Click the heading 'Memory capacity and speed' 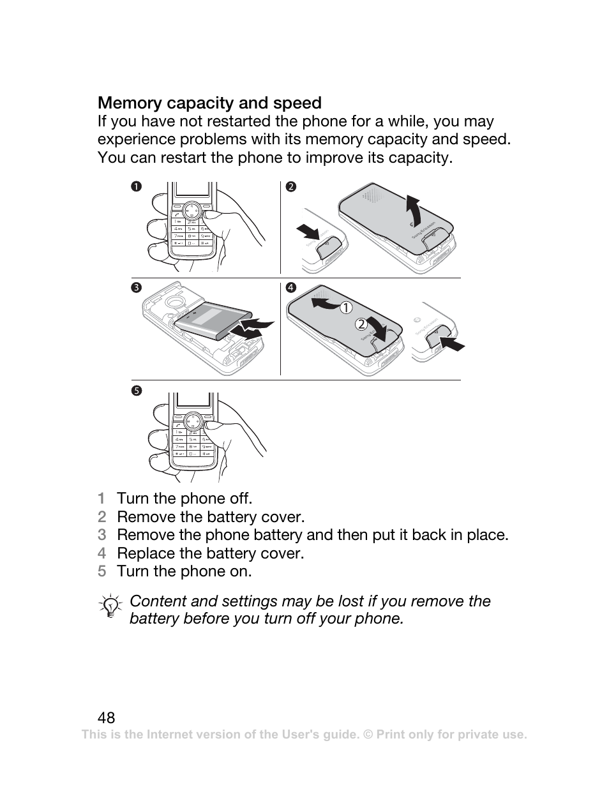[x=209, y=103]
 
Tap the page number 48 [x=107, y=717]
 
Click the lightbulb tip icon [x=111, y=606]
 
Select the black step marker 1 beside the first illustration [x=136, y=186]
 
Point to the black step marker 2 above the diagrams [x=291, y=186]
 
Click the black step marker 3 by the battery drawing [x=136, y=288]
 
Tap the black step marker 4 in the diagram [x=291, y=288]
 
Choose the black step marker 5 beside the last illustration [x=136, y=390]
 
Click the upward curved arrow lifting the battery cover [x=415, y=211]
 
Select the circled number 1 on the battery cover [x=345, y=308]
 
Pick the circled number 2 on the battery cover [x=361, y=324]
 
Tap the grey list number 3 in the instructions [x=101, y=535]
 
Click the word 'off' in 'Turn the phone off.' [x=240, y=499]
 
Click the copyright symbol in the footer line [x=367, y=735]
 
